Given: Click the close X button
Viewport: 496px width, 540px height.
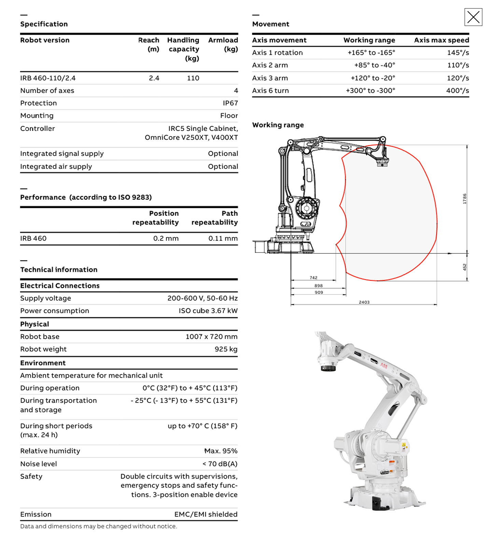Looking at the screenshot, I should click(x=473, y=17).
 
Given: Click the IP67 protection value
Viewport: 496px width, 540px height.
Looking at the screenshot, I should click(x=230, y=103).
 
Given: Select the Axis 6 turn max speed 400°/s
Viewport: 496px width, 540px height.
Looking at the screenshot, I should click(x=457, y=90).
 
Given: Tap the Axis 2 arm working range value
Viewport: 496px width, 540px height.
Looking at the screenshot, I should click(x=374, y=65).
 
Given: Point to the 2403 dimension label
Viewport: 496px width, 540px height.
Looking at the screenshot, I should click(x=364, y=302).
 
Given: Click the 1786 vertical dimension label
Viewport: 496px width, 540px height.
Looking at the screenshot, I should click(x=465, y=199).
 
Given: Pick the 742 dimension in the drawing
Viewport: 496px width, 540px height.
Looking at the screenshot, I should click(x=313, y=278).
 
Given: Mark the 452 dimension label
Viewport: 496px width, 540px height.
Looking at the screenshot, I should click(x=465, y=267).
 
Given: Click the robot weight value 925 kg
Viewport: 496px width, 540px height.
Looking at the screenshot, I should click(x=226, y=349).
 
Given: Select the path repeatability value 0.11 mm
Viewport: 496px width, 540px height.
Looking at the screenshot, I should click(x=223, y=238).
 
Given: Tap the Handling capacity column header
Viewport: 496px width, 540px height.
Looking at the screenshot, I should click(x=183, y=49).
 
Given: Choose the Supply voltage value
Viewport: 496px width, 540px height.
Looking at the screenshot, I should click(x=202, y=298).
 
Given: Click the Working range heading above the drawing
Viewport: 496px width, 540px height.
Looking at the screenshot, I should click(x=278, y=125).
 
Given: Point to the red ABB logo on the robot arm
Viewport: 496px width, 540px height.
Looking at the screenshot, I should click(x=384, y=365).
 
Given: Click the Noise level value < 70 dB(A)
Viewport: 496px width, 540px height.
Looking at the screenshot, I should click(x=220, y=464).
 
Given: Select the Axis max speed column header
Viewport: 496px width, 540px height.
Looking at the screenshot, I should click(x=441, y=40).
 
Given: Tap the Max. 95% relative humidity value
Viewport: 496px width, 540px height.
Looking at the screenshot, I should click(x=221, y=451).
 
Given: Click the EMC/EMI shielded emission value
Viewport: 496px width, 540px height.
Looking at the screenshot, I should click(x=206, y=514).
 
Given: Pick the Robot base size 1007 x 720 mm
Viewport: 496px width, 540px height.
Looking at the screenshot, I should click(x=211, y=337).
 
